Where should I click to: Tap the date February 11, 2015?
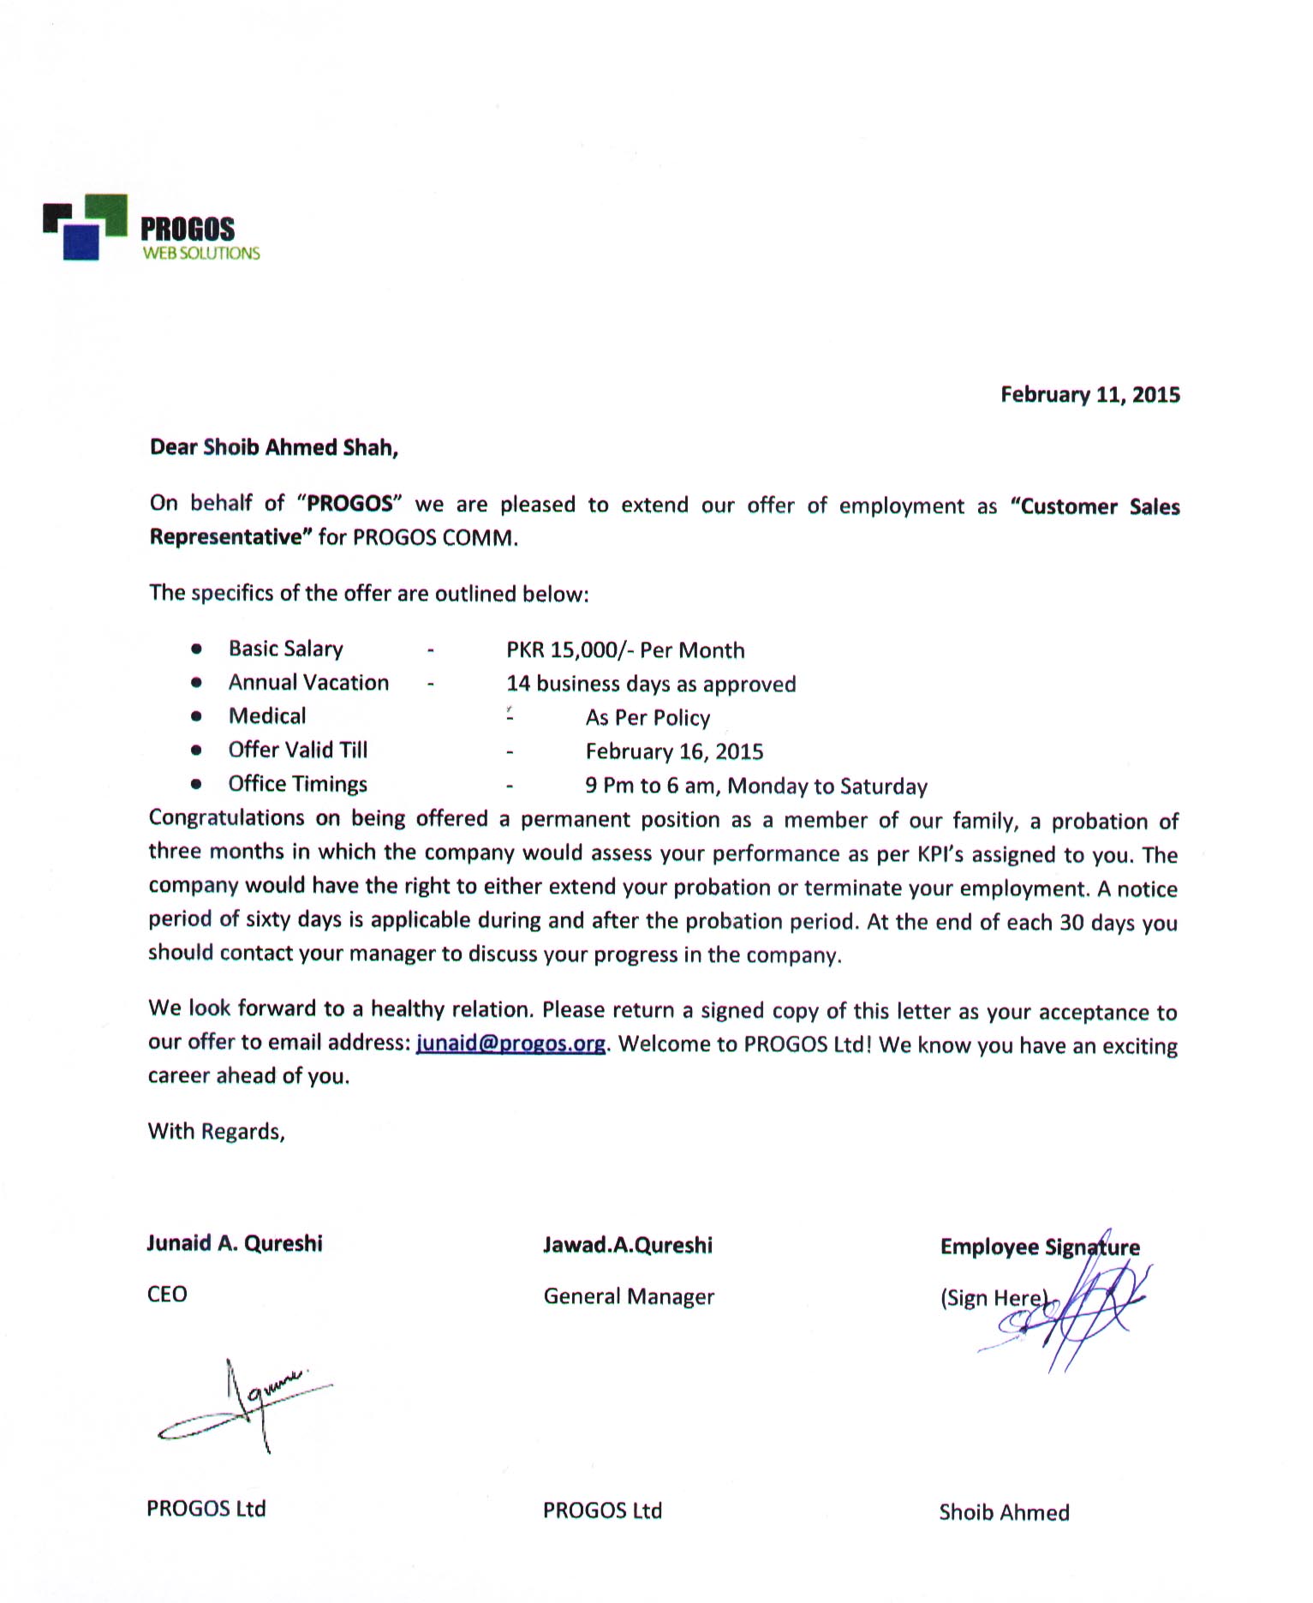click(1089, 395)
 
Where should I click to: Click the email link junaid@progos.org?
click(510, 1044)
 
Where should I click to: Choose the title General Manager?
click(629, 1296)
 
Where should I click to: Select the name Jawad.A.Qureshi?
click(627, 1245)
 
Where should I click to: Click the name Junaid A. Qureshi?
click(235, 1243)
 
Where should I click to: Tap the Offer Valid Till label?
click(297, 751)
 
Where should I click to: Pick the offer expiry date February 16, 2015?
click(674, 752)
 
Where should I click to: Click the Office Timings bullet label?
click(297, 784)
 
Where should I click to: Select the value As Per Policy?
click(648, 718)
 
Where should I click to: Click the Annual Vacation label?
click(308, 683)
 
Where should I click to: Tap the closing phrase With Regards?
click(216, 1132)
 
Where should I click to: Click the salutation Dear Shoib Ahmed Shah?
click(274, 447)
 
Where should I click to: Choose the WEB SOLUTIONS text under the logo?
click(200, 254)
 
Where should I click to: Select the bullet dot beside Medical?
click(197, 716)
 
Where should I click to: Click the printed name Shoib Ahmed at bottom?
click(1004, 1512)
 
